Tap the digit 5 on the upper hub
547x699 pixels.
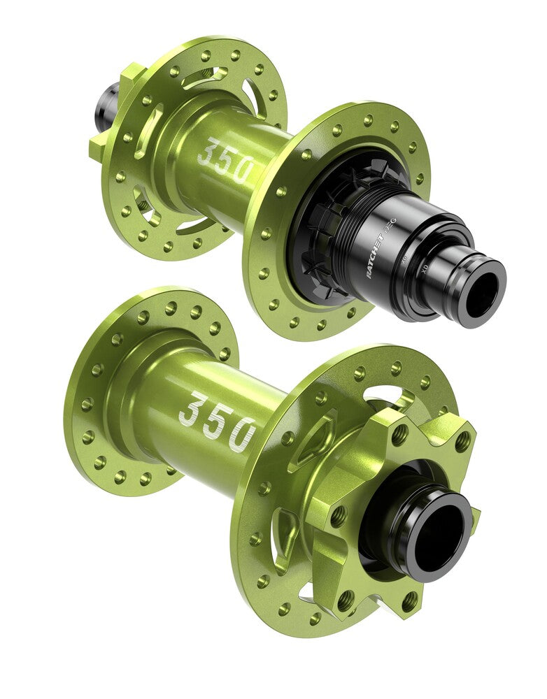226,161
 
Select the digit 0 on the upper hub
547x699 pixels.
244,170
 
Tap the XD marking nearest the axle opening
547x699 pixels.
425,268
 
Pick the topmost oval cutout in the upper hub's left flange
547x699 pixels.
210,78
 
